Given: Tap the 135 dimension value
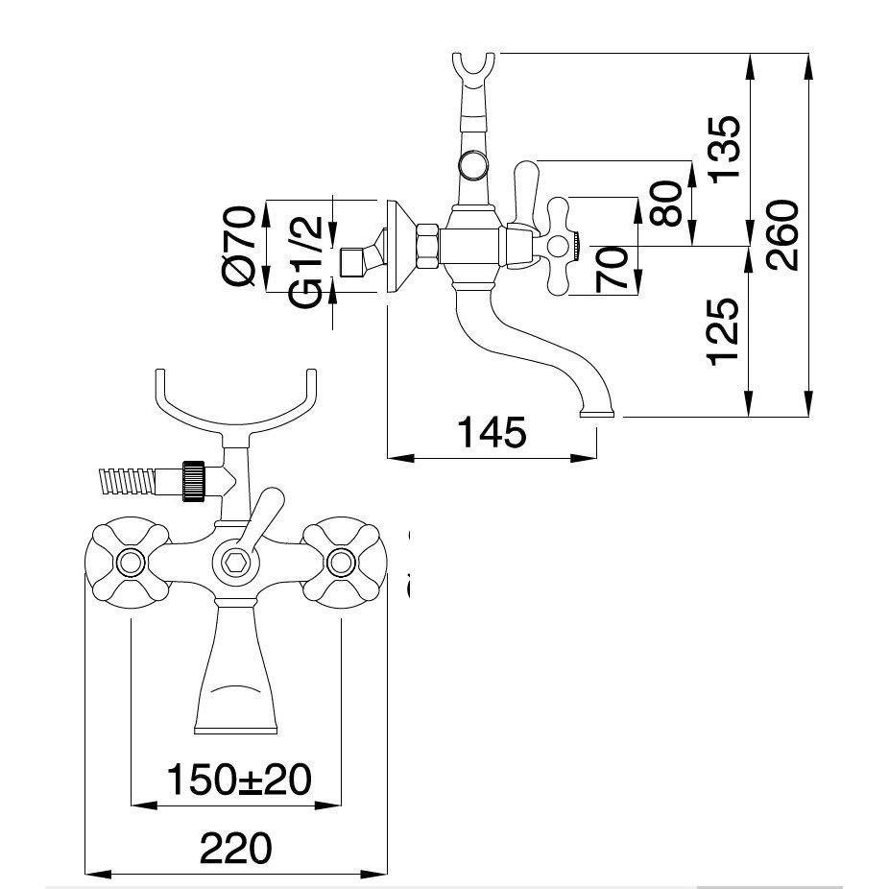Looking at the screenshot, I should pos(727,149).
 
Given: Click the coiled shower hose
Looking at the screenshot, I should pos(131,480).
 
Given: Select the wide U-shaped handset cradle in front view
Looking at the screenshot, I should pos(235,403).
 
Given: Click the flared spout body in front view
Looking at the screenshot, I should pos(235,672).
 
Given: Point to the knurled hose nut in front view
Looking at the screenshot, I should pos(197,480).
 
